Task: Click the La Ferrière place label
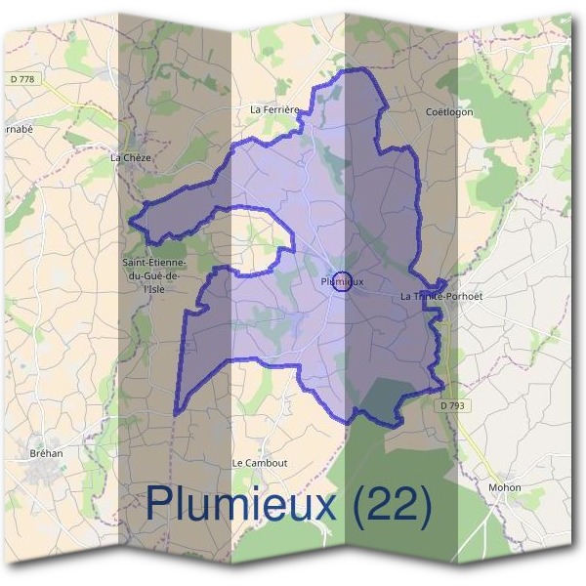click(274, 110)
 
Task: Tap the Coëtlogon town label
click(449, 111)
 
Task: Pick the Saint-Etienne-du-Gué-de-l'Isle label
click(153, 275)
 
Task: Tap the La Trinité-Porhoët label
click(441, 295)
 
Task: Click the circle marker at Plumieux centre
click(342, 281)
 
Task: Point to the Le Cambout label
click(260, 462)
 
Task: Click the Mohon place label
click(505, 487)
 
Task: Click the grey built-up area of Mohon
click(503, 504)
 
